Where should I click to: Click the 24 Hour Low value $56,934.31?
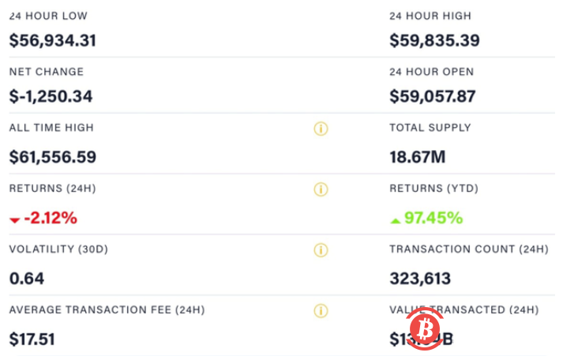(52, 40)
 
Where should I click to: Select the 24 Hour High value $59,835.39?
(434, 40)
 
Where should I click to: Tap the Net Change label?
(46, 72)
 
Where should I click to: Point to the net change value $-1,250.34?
(51, 97)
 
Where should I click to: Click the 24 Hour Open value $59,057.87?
(433, 97)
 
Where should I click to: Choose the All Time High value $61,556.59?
(52, 157)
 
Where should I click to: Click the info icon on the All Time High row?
(321, 129)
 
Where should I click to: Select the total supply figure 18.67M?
(417, 157)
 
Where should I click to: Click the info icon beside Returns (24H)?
(321, 189)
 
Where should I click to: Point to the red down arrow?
(14, 220)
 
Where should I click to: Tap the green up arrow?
(396, 220)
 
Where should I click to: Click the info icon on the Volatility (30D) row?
(321, 250)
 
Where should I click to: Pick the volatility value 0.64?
(27, 279)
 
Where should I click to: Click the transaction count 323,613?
(420, 279)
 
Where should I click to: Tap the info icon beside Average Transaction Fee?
(321, 310)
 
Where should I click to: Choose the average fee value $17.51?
(32, 339)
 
